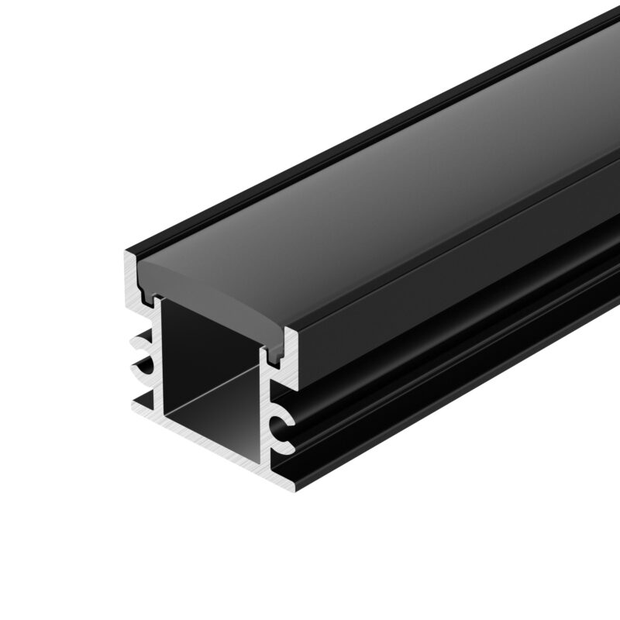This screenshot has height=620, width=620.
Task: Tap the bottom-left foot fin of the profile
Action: [x=139, y=402]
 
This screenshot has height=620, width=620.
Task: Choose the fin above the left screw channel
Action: [x=139, y=338]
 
